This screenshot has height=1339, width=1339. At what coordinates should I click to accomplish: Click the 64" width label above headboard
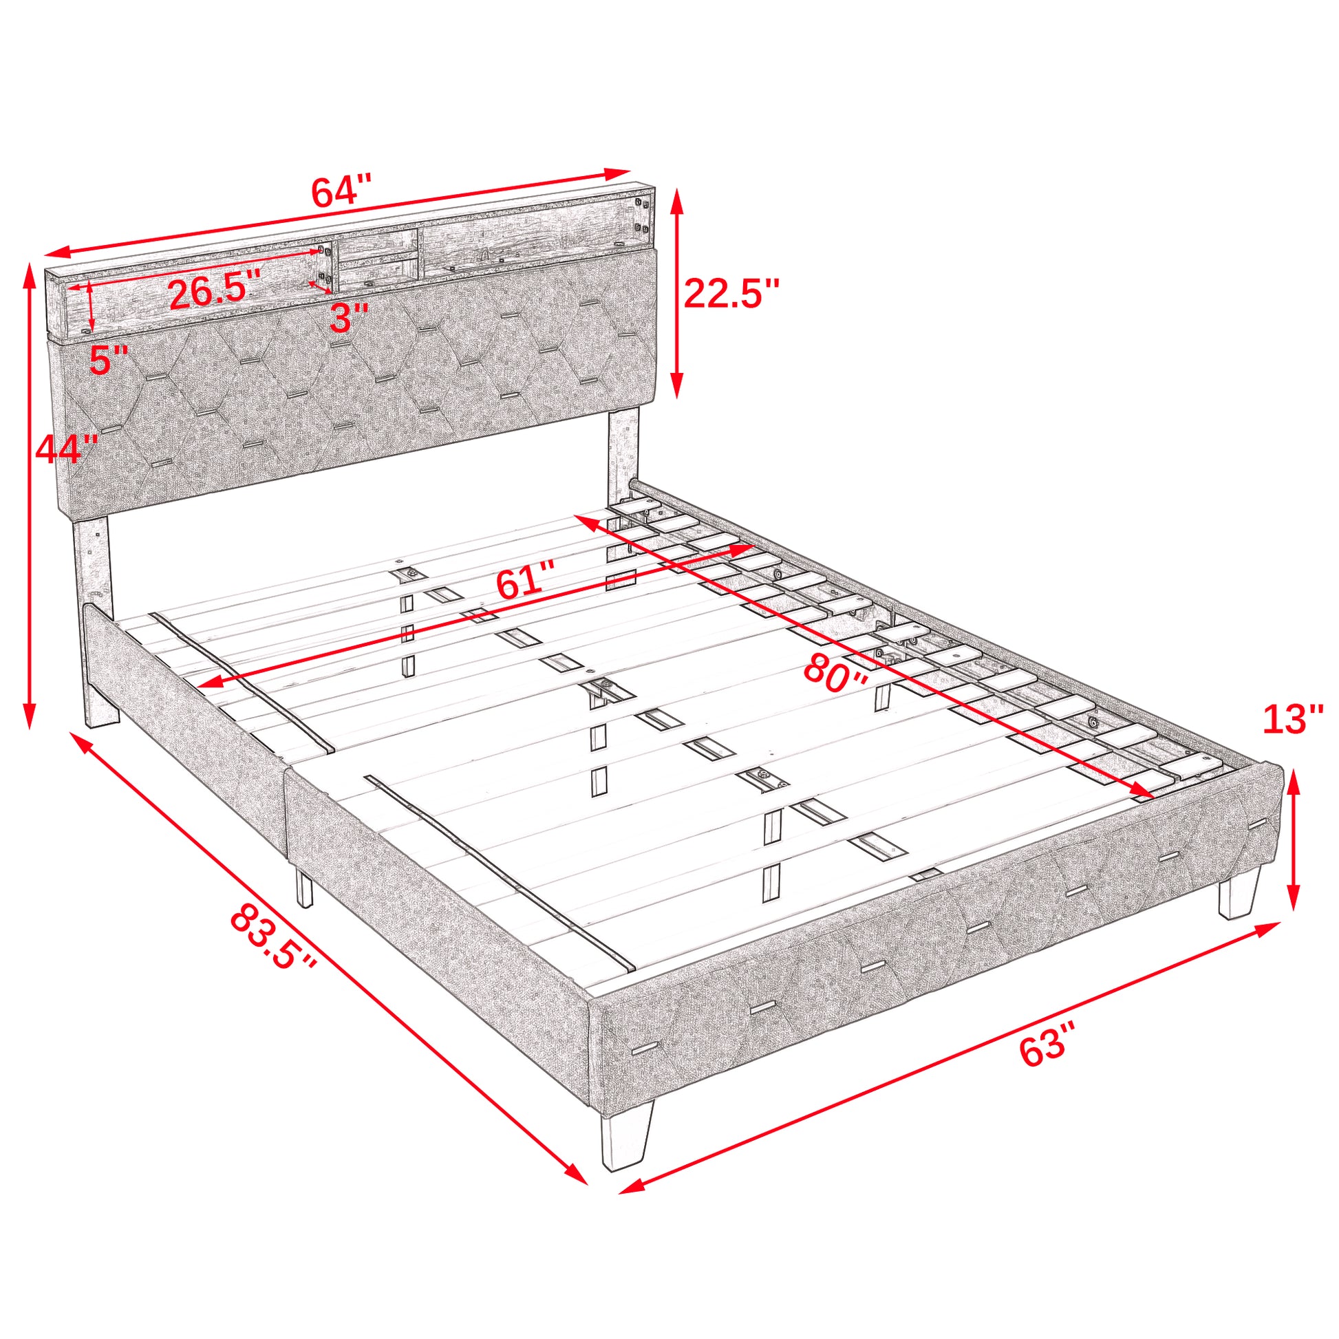[x=342, y=192]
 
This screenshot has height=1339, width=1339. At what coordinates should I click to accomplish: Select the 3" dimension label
[x=348, y=317]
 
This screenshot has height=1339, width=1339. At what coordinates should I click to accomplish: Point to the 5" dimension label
[x=109, y=360]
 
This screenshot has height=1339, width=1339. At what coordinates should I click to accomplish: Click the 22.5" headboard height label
[x=732, y=293]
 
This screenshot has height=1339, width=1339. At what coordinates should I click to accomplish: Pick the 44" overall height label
[x=67, y=449]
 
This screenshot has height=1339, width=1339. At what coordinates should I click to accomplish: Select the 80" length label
[x=836, y=674]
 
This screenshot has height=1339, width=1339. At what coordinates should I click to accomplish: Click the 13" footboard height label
[x=1294, y=720]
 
